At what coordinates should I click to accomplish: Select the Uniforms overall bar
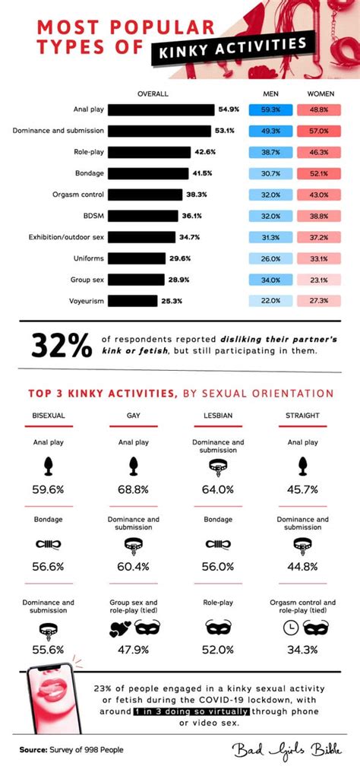137,258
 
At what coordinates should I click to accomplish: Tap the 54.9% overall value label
229,109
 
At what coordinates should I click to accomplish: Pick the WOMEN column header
319,93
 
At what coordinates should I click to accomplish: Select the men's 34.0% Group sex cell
271,280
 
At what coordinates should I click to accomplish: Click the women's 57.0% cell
319,131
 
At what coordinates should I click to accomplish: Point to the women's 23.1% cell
319,280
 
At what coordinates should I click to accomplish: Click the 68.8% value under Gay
133,490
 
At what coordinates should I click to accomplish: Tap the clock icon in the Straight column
289,628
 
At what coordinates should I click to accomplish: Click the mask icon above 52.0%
218,628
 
